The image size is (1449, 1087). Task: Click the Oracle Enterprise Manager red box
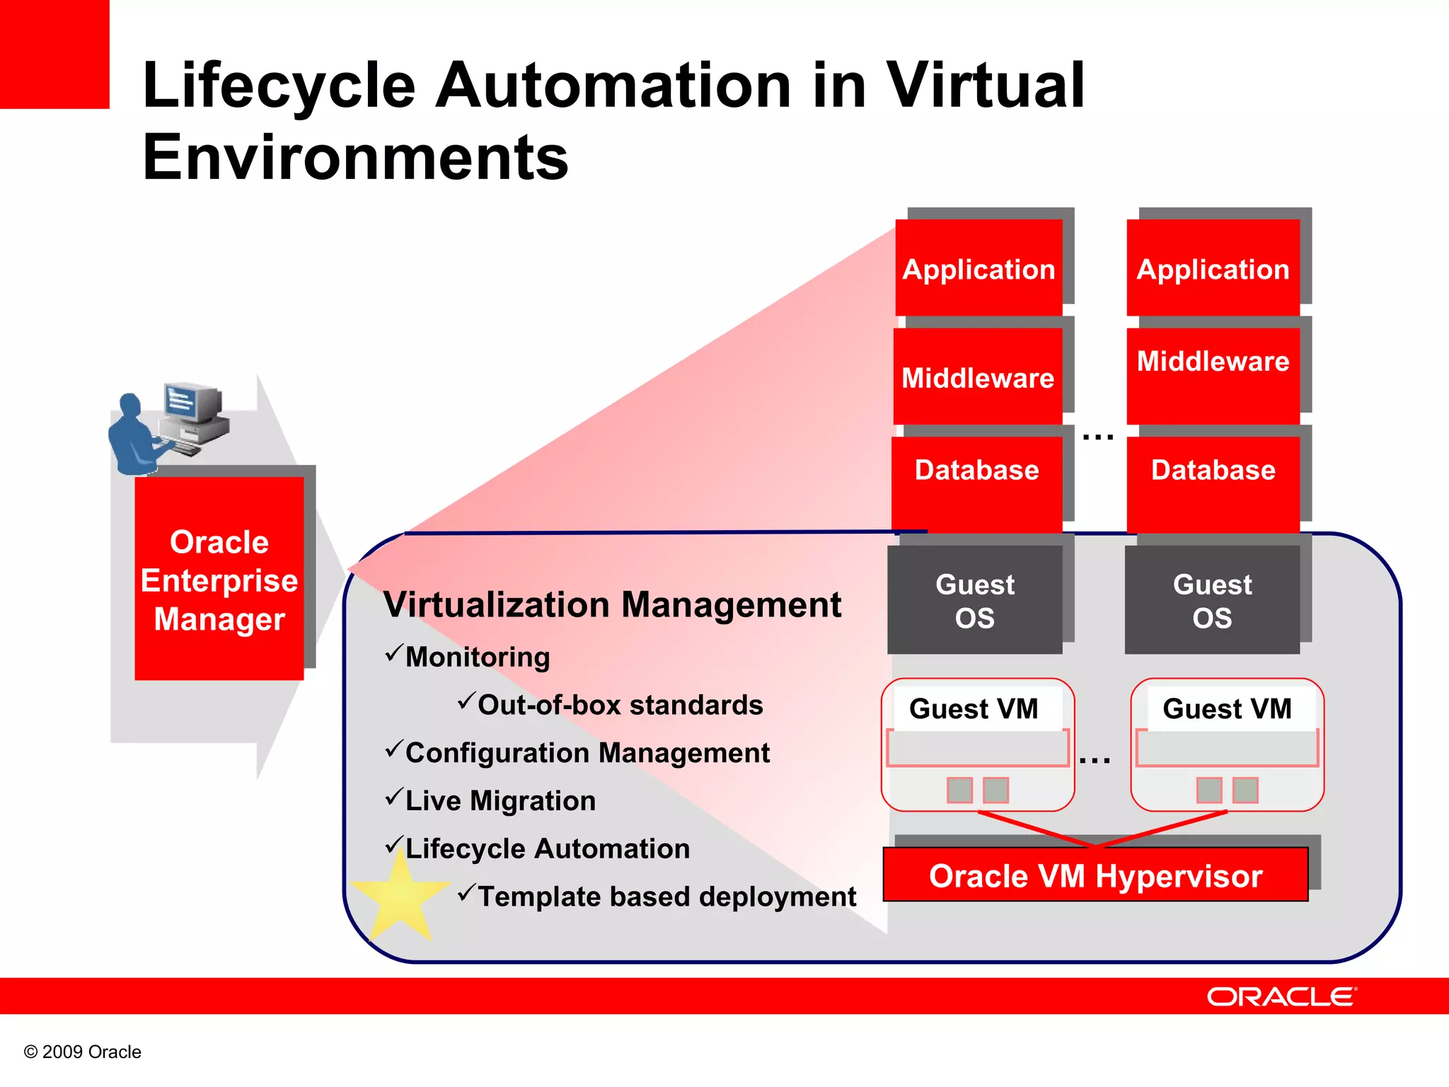219,579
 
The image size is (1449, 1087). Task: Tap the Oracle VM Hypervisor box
1095,875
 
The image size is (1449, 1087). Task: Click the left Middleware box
978,376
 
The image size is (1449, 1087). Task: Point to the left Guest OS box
974,599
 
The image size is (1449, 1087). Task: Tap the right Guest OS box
1212,599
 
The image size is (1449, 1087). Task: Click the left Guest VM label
974,708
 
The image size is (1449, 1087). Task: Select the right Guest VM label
1227,708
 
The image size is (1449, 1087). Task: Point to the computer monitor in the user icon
190,401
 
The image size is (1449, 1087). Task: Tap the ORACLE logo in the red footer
1281,996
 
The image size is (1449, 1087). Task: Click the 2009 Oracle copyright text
83,1052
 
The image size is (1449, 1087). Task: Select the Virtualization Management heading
612,605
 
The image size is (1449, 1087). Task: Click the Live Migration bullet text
500,800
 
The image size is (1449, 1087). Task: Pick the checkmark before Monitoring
394,653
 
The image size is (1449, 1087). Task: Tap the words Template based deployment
666,897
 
